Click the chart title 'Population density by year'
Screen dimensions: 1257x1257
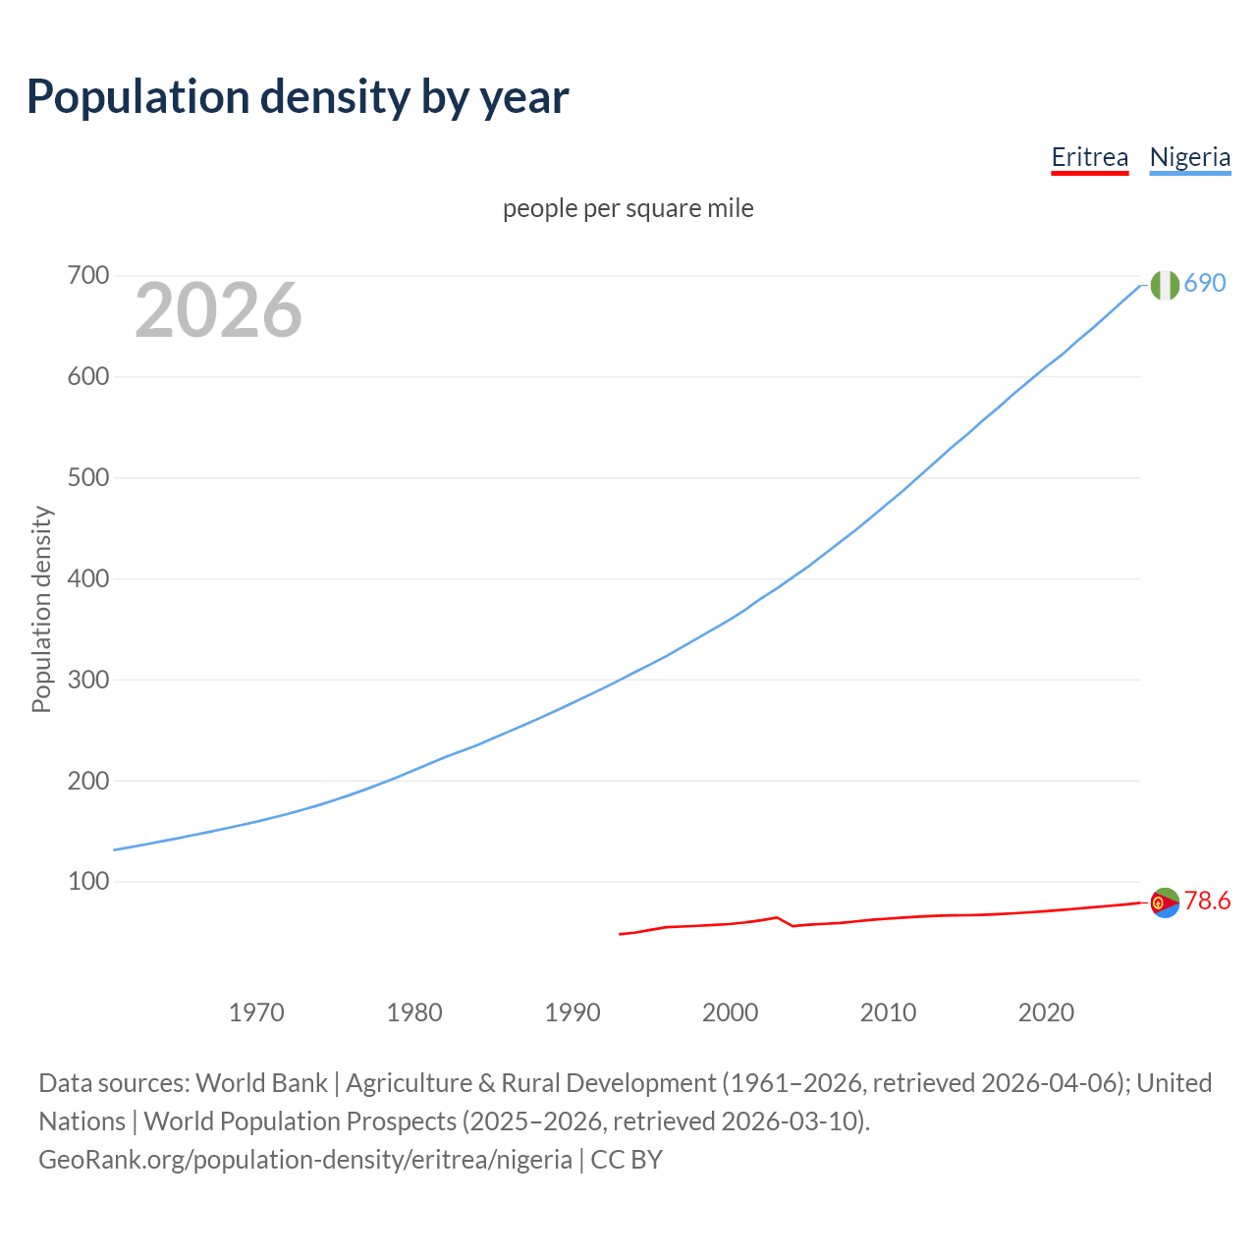(x=298, y=96)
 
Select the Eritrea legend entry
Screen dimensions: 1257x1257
(x=1089, y=157)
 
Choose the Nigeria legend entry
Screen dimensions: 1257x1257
(x=1189, y=157)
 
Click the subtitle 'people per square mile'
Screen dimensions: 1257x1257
(x=628, y=208)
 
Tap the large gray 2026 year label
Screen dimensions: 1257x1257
(x=218, y=310)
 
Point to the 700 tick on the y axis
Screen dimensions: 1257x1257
(x=87, y=276)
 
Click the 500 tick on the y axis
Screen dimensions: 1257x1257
(x=87, y=478)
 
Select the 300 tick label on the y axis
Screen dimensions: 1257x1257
(x=87, y=680)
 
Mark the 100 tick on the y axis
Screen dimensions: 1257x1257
(x=87, y=882)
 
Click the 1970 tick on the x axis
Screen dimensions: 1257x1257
(x=256, y=1012)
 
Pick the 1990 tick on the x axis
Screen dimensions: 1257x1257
(x=573, y=1012)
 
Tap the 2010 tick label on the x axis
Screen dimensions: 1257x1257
(x=888, y=1012)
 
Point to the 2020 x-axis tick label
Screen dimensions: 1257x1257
(x=1046, y=1012)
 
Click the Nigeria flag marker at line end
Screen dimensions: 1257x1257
(x=1165, y=285)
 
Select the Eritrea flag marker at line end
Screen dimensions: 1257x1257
(x=1165, y=902)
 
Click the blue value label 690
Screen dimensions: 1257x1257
(x=1205, y=283)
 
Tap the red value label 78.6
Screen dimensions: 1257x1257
(x=1207, y=901)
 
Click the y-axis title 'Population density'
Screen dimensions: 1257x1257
(x=41, y=609)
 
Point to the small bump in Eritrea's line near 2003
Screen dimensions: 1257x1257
(x=777, y=918)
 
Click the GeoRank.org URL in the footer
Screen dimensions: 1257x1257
(x=305, y=1160)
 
